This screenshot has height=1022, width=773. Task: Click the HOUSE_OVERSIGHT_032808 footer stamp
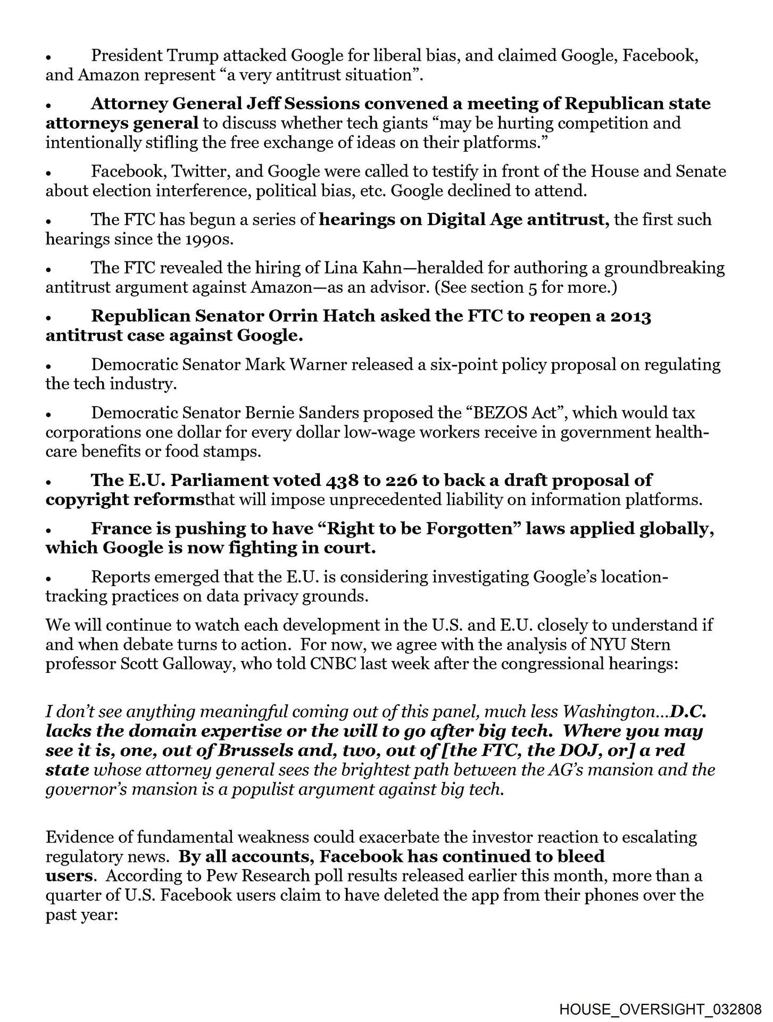tap(659, 1008)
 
